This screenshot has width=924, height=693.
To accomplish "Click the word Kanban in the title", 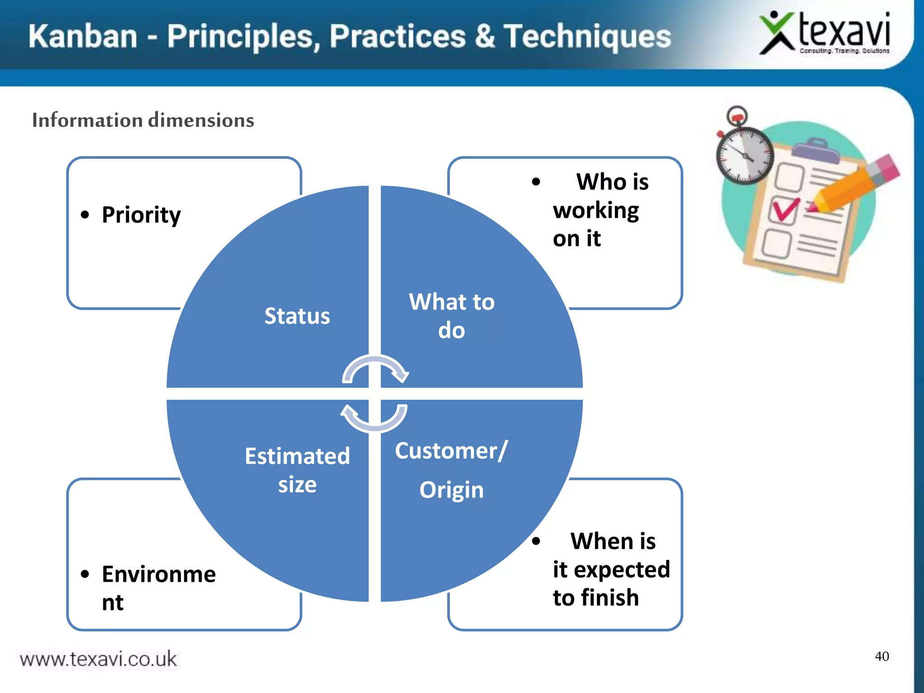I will pyautogui.click(x=83, y=36).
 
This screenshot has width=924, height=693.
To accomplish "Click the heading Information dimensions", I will pyautogui.click(x=143, y=120).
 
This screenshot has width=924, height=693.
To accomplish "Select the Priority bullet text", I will pyautogui.click(x=141, y=214).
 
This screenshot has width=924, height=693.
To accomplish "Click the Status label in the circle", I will pyautogui.click(x=297, y=316).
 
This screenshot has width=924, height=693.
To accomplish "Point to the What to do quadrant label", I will pyautogui.click(x=451, y=315).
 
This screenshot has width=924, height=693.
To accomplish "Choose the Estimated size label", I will pyautogui.click(x=297, y=470).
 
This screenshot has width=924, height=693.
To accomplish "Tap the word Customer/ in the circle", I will pyautogui.click(x=451, y=450).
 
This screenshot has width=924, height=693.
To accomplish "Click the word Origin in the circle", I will pyautogui.click(x=451, y=490).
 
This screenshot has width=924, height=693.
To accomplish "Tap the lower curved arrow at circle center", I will pyautogui.click(x=374, y=417).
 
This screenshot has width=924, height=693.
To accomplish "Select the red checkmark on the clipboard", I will pyautogui.click(x=785, y=209).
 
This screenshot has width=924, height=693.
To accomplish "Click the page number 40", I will pyautogui.click(x=882, y=656).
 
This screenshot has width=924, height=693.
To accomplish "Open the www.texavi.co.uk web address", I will pyautogui.click(x=98, y=659).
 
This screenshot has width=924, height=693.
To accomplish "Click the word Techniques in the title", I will pyautogui.click(x=587, y=36).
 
